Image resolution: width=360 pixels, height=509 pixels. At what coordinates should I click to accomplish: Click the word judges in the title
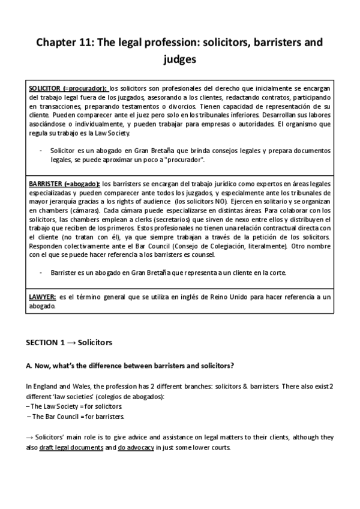(x=180, y=60)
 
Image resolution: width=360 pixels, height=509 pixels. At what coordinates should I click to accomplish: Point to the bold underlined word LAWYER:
(x=43, y=297)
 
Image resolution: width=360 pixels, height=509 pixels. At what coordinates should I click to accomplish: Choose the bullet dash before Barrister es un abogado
(x=40, y=273)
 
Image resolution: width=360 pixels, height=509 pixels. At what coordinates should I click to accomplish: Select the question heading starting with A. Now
(x=130, y=366)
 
